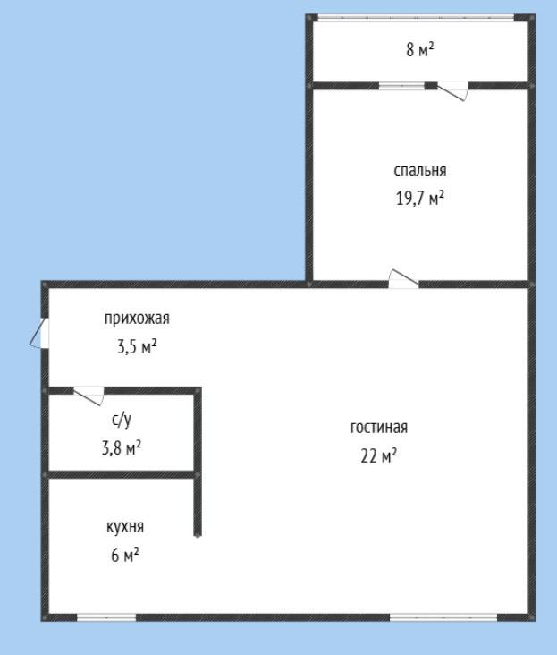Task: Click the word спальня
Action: point(419,171)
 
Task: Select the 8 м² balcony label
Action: point(419,50)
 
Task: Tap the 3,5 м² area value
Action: point(137,345)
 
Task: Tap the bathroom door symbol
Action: point(89,395)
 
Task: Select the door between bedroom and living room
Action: point(403,279)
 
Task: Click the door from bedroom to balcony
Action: point(452,90)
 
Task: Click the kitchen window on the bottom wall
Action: point(106,617)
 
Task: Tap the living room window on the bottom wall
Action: point(443,617)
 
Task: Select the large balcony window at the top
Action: point(417,17)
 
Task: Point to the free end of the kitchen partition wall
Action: point(197,534)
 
